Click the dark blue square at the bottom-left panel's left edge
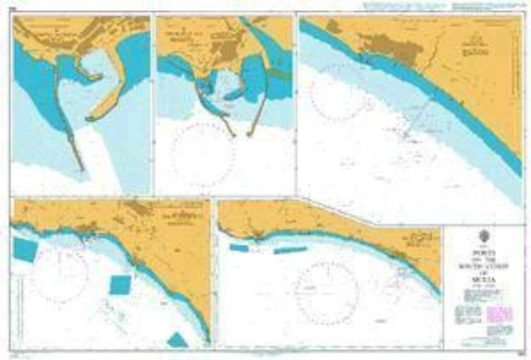point(24,250)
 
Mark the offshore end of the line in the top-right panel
point(407,134)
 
